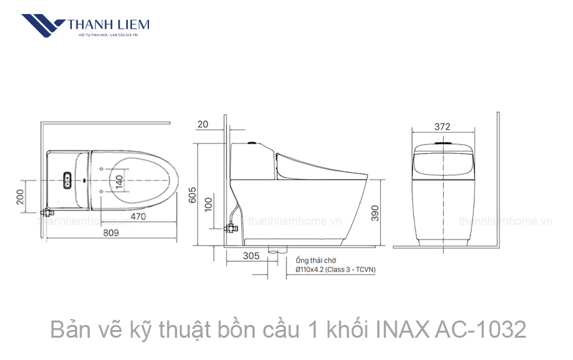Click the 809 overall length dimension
(x=111, y=233)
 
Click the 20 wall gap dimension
(x=203, y=124)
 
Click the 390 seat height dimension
(x=375, y=212)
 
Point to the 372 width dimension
(x=442, y=126)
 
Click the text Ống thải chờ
(x=315, y=261)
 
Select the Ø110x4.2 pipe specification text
(x=335, y=270)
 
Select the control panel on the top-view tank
(x=66, y=181)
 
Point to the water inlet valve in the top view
(x=46, y=212)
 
